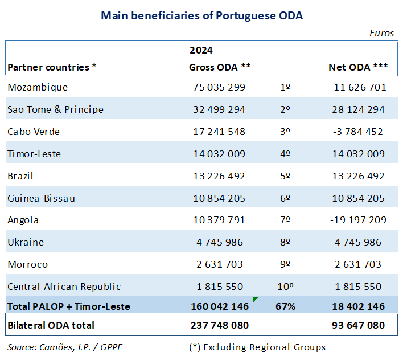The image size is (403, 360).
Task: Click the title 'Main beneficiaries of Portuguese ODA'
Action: (201, 15)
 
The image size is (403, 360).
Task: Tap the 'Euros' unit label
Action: (381, 33)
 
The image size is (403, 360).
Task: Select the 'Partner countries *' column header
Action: (52, 67)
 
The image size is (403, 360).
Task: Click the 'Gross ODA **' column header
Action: (220, 67)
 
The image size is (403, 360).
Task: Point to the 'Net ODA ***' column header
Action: (358, 67)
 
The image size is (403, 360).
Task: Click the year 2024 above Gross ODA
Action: (201, 51)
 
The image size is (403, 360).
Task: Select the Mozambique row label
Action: (38, 87)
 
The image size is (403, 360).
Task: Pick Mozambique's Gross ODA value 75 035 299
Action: (219, 87)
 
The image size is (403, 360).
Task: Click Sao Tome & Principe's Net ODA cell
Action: (358, 109)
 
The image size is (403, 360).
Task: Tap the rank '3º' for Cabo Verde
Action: (286, 132)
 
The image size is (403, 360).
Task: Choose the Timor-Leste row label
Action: (34, 154)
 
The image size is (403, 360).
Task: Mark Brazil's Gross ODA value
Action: (219, 176)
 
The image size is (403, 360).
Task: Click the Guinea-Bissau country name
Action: (41, 198)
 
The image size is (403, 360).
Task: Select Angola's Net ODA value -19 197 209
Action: (357, 220)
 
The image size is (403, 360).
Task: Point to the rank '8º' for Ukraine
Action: (286, 242)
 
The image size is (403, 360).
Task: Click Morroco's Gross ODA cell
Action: (219, 264)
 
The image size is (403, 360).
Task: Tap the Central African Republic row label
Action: (64, 287)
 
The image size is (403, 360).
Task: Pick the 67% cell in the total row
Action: (286, 306)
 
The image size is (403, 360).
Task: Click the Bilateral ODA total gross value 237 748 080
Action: (219, 326)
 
